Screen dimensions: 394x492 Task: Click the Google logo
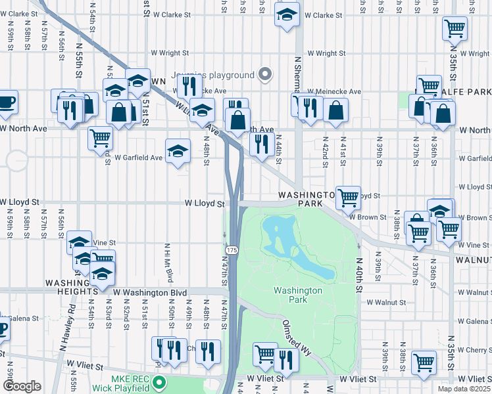point(21,386)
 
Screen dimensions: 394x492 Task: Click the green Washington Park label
point(298,295)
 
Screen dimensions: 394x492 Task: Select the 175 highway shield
point(232,251)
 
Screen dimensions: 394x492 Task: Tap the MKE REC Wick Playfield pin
point(158,382)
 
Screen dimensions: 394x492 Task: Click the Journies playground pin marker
point(265,75)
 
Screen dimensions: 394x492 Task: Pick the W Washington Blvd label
point(150,292)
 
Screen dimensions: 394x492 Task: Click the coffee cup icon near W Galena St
point(2,327)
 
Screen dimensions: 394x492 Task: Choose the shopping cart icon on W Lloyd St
point(348,196)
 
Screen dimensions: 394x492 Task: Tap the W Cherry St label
point(472,350)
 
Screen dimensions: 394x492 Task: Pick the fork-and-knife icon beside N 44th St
point(262,144)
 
